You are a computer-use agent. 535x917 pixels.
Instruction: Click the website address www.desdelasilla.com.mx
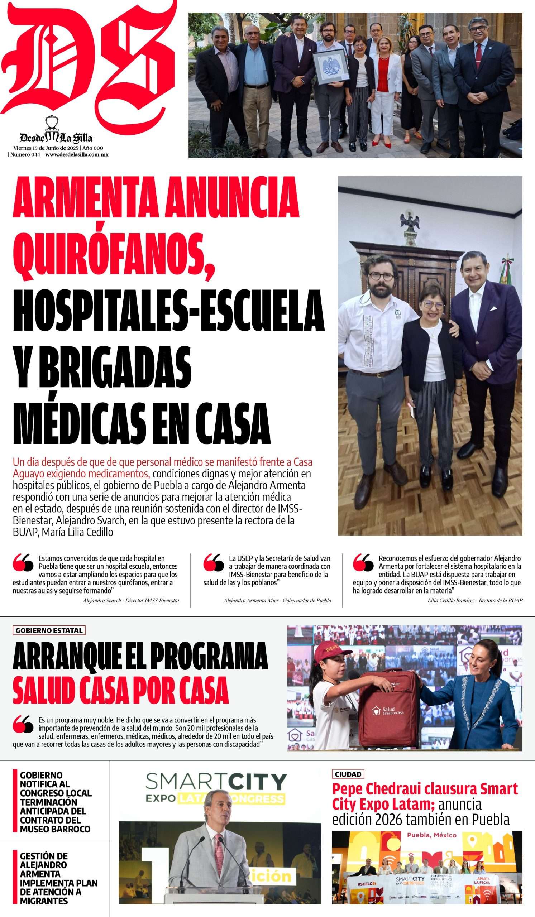77,154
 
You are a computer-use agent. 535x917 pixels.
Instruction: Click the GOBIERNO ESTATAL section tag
49,630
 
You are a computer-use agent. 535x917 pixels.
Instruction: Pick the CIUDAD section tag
348,774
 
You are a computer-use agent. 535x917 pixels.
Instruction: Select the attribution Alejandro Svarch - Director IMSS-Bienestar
131,600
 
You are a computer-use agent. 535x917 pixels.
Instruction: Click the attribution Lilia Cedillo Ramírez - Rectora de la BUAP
475,600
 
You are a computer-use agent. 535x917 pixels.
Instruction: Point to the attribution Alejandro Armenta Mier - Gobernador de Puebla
277,600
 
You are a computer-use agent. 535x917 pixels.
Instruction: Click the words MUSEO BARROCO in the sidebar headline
55,829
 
